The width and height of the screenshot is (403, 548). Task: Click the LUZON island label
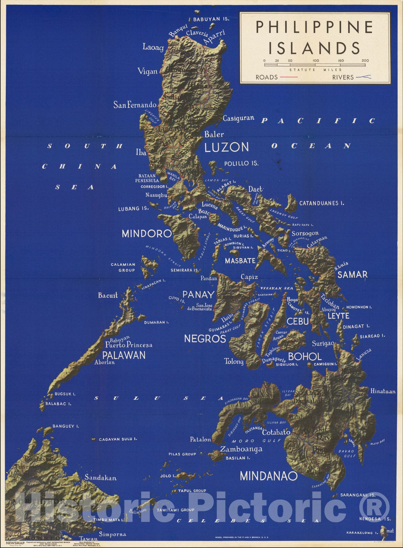click(x=226, y=147)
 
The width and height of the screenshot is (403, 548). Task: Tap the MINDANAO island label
click(x=268, y=476)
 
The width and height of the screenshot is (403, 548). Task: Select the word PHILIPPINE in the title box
click(x=314, y=27)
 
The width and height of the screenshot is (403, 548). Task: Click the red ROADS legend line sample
click(x=289, y=77)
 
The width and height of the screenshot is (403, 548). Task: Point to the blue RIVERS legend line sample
click(x=363, y=77)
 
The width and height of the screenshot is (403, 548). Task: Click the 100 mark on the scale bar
click(x=316, y=61)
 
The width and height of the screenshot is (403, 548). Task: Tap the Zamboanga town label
click(x=241, y=449)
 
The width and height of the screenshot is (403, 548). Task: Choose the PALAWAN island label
click(x=124, y=355)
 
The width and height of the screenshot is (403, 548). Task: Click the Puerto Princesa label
click(x=129, y=345)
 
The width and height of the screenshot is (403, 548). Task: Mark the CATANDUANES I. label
click(x=322, y=203)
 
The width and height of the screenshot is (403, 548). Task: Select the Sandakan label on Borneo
click(x=101, y=477)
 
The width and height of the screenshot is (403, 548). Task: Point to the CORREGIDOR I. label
click(x=154, y=187)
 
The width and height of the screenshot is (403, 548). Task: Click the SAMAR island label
click(x=352, y=274)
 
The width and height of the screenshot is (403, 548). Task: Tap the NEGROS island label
click(x=205, y=339)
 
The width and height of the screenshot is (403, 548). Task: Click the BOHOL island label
click(x=304, y=357)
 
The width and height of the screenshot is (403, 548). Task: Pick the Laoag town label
click(x=153, y=47)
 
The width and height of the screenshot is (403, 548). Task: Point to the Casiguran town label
click(x=238, y=118)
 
